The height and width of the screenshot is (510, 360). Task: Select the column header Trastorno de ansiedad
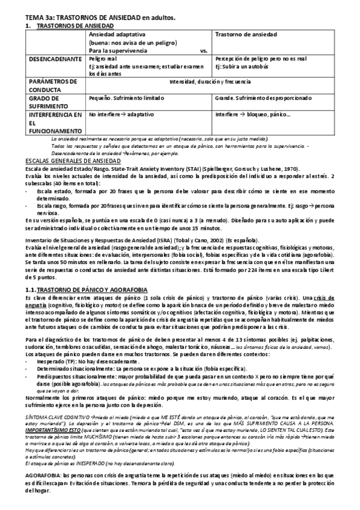tap(242, 35)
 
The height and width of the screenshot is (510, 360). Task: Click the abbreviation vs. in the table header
tap(203, 51)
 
